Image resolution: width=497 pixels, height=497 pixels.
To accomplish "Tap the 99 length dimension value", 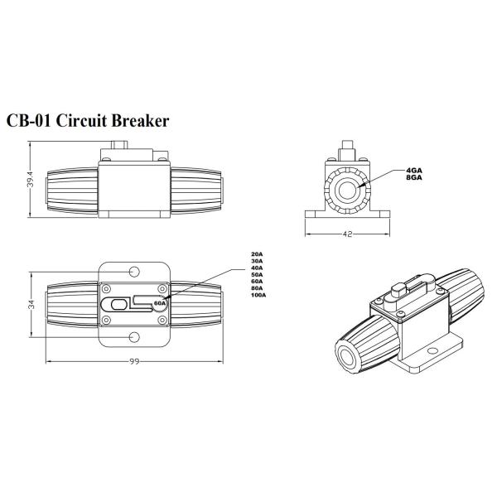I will pos(133,360).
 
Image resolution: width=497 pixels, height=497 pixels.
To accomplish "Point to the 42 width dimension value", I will pos(347,234).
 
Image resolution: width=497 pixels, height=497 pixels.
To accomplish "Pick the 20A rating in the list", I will pos(256,253).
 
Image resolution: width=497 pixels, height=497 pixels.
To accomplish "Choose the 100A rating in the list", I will pos(258,296).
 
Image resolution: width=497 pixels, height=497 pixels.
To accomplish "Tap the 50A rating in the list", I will pos(256,274).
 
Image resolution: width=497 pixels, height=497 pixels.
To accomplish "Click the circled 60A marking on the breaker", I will pos(160,304).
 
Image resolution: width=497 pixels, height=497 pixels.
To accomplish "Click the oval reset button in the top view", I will pos(116,304).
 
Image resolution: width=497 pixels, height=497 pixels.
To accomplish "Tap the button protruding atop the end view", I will pos(346,152).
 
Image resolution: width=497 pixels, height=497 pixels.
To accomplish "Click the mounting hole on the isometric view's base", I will pos(432,353).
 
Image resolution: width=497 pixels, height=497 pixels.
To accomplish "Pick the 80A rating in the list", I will pos(256,288).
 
